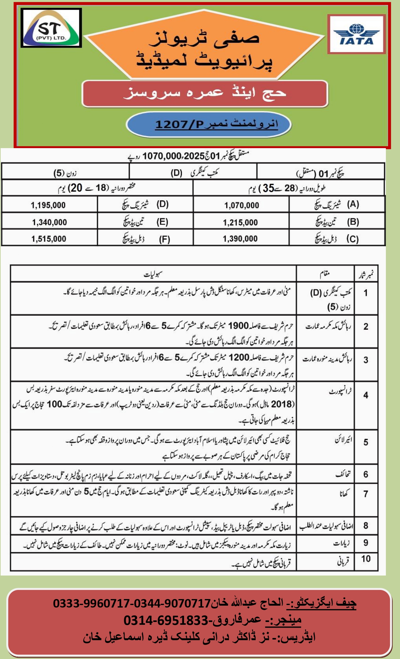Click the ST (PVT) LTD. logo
tap(51, 28)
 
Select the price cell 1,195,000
tap(48, 205)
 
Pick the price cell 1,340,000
tap(49, 222)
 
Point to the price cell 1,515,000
tap(49, 239)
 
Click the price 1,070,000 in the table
tap(241, 205)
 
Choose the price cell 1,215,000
tap(240, 222)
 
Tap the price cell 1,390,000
tap(240, 239)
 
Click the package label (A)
tap(353, 205)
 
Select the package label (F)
tap(164, 239)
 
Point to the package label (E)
tap(162, 222)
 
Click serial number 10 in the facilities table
tap(366, 559)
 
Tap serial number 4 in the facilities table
tap(366, 395)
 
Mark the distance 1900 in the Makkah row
tap(238, 326)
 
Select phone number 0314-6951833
tap(166, 620)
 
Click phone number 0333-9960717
tap(91, 603)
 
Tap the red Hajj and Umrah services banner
tap(205, 93)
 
